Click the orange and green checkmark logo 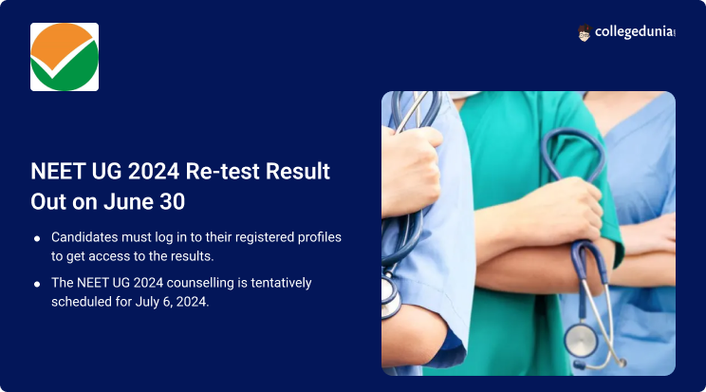pyautogui.click(x=65, y=57)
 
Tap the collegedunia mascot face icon pyautogui.click(x=584, y=33)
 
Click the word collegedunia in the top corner pyautogui.click(x=634, y=32)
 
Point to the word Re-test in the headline pyautogui.click(x=222, y=171)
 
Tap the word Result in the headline pyautogui.click(x=298, y=171)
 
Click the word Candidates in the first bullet pyautogui.click(x=84, y=237)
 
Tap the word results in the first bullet pyautogui.click(x=190, y=256)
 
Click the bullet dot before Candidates pyautogui.click(x=37, y=238)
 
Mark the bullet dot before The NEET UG pyautogui.click(x=37, y=284)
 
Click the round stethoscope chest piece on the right pyautogui.click(x=581, y=342)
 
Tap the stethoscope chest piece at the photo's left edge pyautogui.click(x=389, y=295)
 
